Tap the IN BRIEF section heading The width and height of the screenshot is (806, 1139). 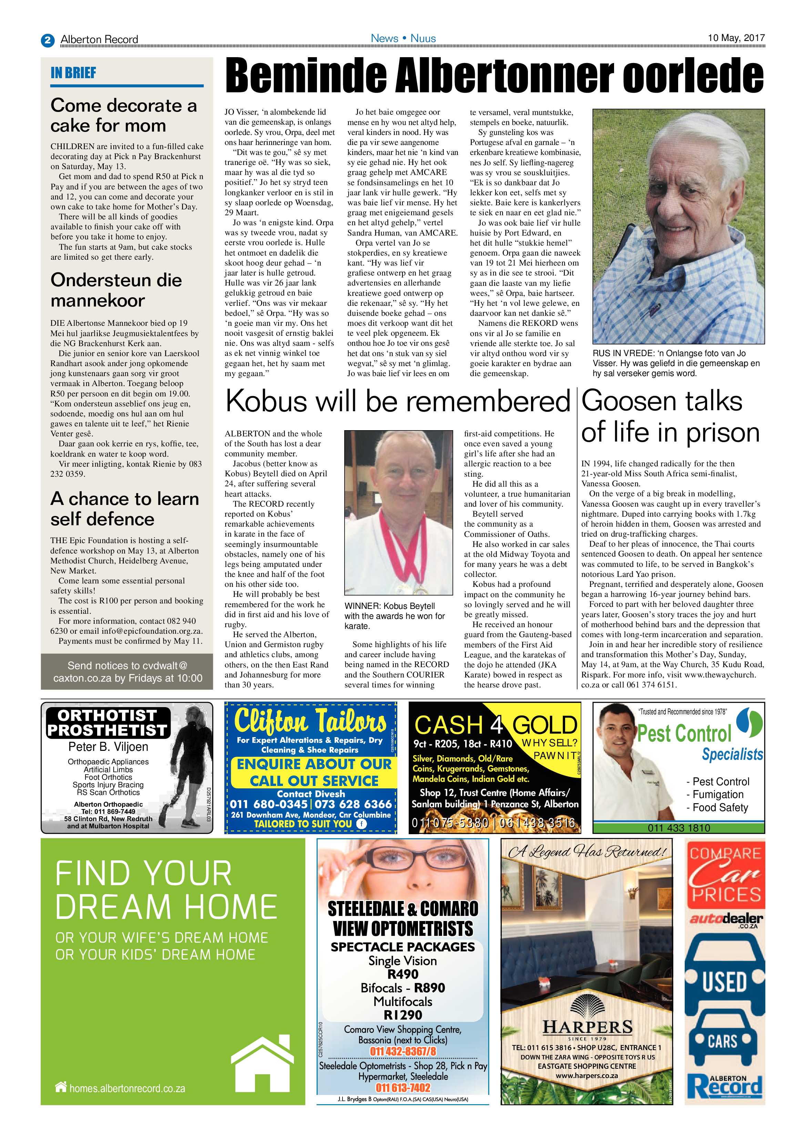point(73,73)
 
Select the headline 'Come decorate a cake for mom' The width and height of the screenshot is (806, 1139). point(124,115)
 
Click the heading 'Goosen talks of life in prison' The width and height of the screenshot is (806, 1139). point(670,417)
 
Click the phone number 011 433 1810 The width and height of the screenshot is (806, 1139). point(679,827)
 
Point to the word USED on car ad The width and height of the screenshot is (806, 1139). point(725,982)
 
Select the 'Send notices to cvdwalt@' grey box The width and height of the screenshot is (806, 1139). point(127,671)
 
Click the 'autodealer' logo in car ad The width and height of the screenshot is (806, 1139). point(726,919)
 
